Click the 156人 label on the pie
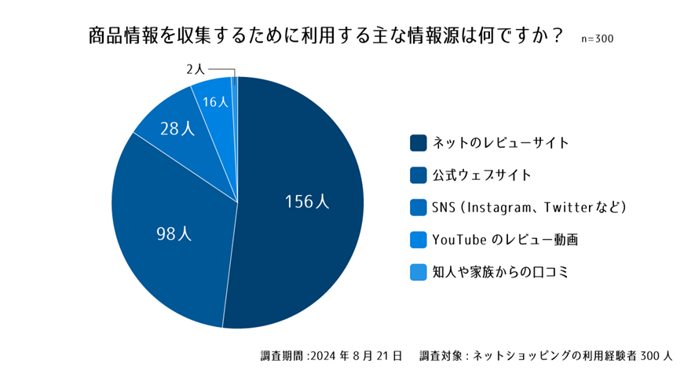tap(307, 201)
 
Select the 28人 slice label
tap(177, 129)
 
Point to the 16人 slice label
tap(215, 102)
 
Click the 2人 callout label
tap(196, 69)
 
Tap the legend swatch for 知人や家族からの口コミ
tap(418, 271)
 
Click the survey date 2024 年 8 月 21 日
tap(357, 355)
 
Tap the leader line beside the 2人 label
tap(222, 69)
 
